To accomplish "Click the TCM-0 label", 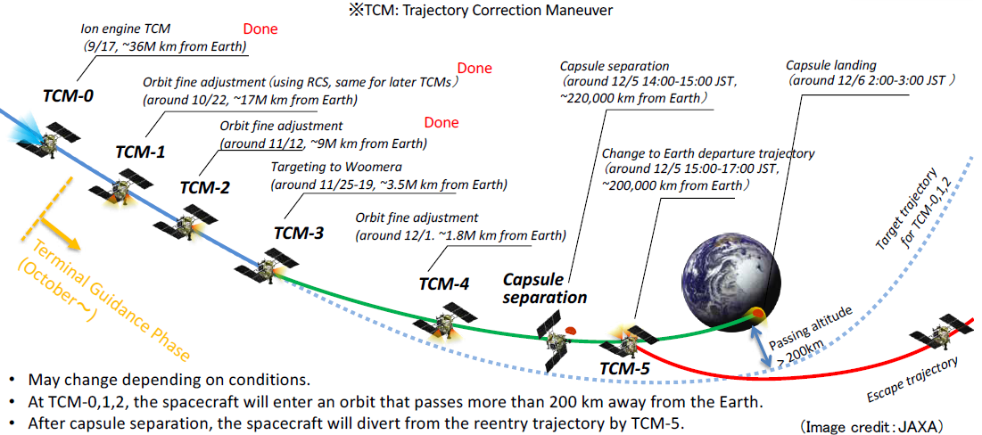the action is click(x=63, y=94).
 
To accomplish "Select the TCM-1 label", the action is click(x=140, y=151).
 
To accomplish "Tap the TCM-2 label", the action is click(x=205, y=187).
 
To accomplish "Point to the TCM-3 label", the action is click(x=299, y=233).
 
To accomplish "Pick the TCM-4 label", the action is click(x=444, y=283).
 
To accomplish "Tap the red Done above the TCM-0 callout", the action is click(x=260, y=29).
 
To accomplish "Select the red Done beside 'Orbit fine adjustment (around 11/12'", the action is click(x=441, y=123).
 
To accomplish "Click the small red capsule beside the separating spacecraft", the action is click(x=570, y=330).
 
